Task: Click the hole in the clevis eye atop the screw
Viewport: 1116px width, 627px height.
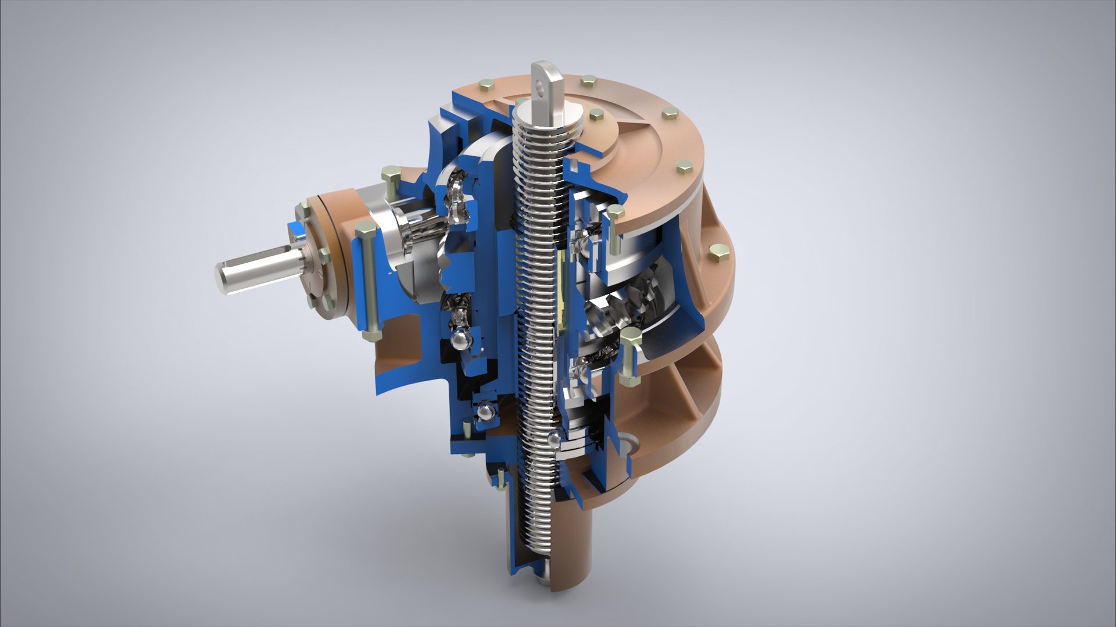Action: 544,89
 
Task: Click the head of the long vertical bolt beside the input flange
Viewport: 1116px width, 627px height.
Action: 365,228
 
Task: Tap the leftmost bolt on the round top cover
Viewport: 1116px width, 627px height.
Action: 486,87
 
